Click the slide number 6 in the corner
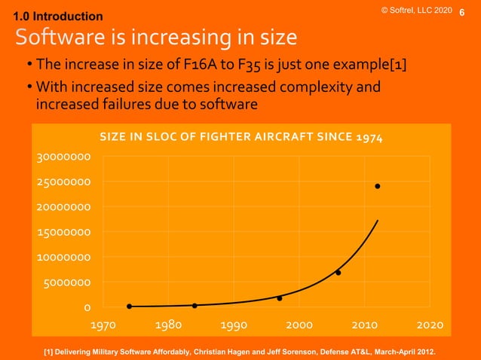pos(472,14)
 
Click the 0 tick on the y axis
pos(87,307)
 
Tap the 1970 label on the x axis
pos(104,325)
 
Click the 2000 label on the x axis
pos(299,325)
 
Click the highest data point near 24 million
pos(377,186)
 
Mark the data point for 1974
pos(130,307)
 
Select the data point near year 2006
pos(339,273)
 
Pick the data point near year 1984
pos(195,306)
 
